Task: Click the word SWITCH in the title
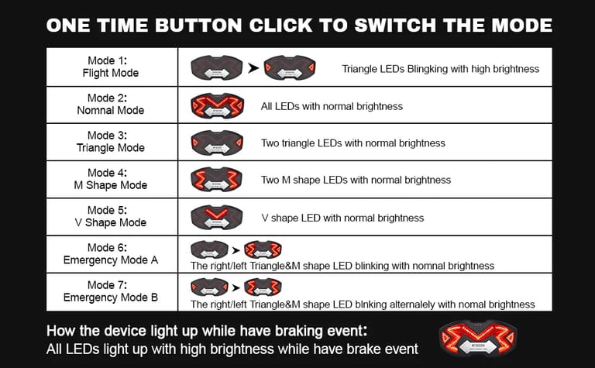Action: (x=395, y=26)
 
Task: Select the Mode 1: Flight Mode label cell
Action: (x=111, y=67)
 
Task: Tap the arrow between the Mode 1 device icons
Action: (x=253, y=68)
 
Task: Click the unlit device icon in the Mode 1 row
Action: (x=217, y=67)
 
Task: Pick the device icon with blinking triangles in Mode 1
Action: (x=290, y=67)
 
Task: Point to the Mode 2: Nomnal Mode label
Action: (x=111, y=104)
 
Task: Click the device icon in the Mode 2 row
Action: (x=217, y=105)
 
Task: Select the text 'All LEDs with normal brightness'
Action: (x=332, y=106)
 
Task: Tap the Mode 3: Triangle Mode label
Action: (x=111, y=141)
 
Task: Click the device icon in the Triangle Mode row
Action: (x=217, y=143)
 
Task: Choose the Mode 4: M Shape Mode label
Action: (x=111, y=179)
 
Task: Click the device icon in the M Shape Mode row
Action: (x=216, y=179)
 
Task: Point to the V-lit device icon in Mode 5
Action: (x=217, y=217)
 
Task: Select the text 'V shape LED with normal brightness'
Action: (x=342, y=218)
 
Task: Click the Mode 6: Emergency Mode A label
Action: (x=111, y=253)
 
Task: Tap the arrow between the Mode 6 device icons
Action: (x=236, y=250)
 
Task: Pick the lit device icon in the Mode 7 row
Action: (x=263, y=287)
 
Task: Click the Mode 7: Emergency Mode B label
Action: (x=111, y=291)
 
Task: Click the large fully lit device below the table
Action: (x=478, y=338)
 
